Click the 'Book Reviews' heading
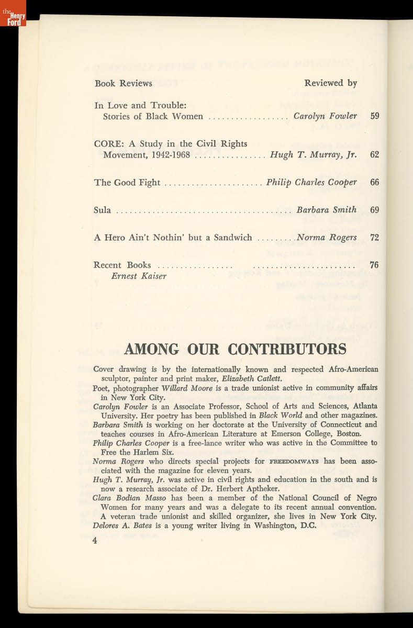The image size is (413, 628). click(x=124, y=83)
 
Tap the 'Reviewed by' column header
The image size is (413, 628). click(x=330, y=83)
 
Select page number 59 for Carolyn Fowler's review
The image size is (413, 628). click(x=374, y=116)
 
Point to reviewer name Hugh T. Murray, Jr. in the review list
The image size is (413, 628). click(x=313, y=155)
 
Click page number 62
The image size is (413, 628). click(x=374, y=155)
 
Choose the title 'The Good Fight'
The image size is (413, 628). click(x=127, y=183)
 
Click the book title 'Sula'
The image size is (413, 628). click(x=102, y=210)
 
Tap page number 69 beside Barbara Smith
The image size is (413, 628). click(x=374, y=210)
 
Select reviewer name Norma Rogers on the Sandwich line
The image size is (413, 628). click(x=327, y=238)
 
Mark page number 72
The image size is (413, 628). click(x=374, y=238)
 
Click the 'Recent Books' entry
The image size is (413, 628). click(x=122, y=265)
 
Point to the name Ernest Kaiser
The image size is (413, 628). click(x=139, y=276)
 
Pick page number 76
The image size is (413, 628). click(x=374, y=265)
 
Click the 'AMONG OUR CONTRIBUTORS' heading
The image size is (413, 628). click(x=235, y=349)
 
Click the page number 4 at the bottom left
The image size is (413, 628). click(x=95, y=541)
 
